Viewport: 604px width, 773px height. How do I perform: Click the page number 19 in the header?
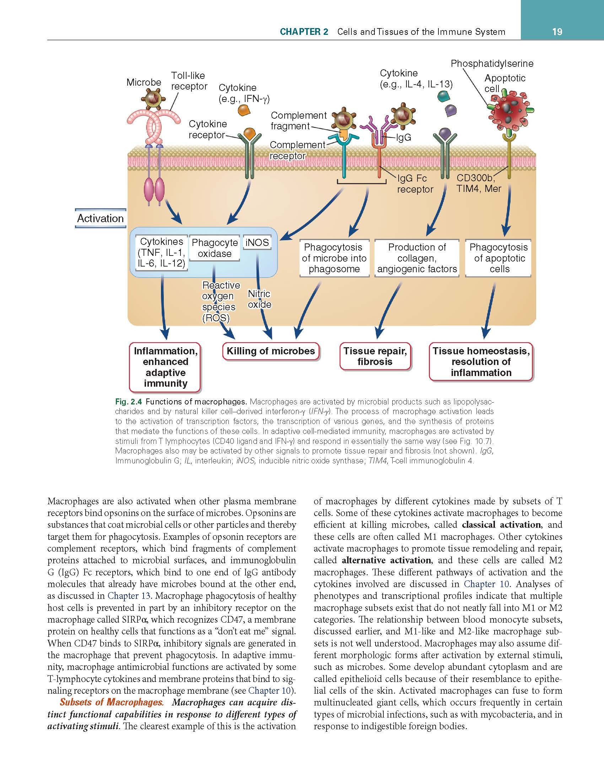tap(557, 32)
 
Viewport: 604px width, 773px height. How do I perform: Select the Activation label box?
tap(101, 218)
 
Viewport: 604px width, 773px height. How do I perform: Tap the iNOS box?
tap(257, 243)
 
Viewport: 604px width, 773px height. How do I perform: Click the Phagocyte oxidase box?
tap(215, 248)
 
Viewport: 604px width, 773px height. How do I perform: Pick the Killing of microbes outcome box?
tap(271, 351)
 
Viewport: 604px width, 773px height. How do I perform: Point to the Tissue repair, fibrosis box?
tap(375, 356)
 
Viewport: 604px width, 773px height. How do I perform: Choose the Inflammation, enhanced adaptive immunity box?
tap(165, 367)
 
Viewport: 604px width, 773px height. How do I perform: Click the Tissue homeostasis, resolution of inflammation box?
tap(481, 362)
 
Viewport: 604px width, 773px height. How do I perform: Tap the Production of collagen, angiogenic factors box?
tap(417, 258)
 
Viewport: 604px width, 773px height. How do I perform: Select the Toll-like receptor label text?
tap(189, 81)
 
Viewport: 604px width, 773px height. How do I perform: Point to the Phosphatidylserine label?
tap(492, 64)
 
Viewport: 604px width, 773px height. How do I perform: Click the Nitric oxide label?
tap(259, 299)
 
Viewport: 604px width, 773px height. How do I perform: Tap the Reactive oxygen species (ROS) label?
tap(221, 301)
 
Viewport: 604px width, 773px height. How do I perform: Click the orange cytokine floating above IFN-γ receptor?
tap(243, 110)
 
